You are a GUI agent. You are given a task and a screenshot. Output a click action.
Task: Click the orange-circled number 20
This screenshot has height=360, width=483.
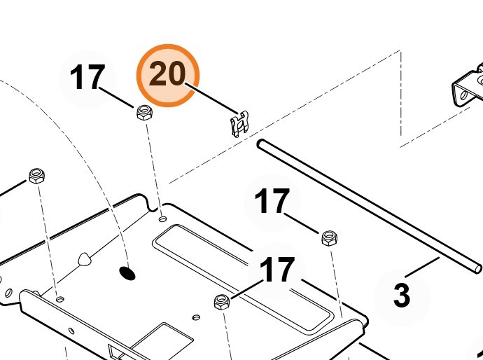click(x=168, y=75)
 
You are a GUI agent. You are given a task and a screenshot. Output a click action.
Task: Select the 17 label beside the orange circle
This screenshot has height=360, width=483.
click(x=87, y=78)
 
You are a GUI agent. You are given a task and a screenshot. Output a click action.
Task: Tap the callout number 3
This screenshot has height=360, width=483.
click(x=401, y=295)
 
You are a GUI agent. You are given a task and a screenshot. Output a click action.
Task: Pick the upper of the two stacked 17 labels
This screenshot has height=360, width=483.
click(x=272, y=202)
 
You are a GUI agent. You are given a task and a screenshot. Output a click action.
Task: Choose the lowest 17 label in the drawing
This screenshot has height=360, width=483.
click(x=277, y=270)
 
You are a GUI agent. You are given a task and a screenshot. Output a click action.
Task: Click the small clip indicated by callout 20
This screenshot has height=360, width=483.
click(x=239, y=123)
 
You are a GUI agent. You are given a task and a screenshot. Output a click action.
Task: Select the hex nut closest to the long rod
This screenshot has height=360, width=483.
click(x=328, y=238)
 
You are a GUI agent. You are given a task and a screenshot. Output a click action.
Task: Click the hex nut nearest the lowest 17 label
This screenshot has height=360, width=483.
click(x=222, y=303)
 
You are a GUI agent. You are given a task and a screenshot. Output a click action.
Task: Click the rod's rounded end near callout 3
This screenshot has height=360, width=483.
click(x=477, y=268)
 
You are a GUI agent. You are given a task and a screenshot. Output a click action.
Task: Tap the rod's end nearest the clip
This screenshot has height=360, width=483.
click(x=260, y=144)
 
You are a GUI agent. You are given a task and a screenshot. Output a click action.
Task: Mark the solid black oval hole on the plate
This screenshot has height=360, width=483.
click(x=127, y=272)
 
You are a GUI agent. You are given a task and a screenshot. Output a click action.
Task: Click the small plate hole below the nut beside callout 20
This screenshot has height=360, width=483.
click(x=162, y=219)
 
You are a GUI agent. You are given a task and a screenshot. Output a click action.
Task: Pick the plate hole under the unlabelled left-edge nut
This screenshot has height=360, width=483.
click(x=60, y=299)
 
